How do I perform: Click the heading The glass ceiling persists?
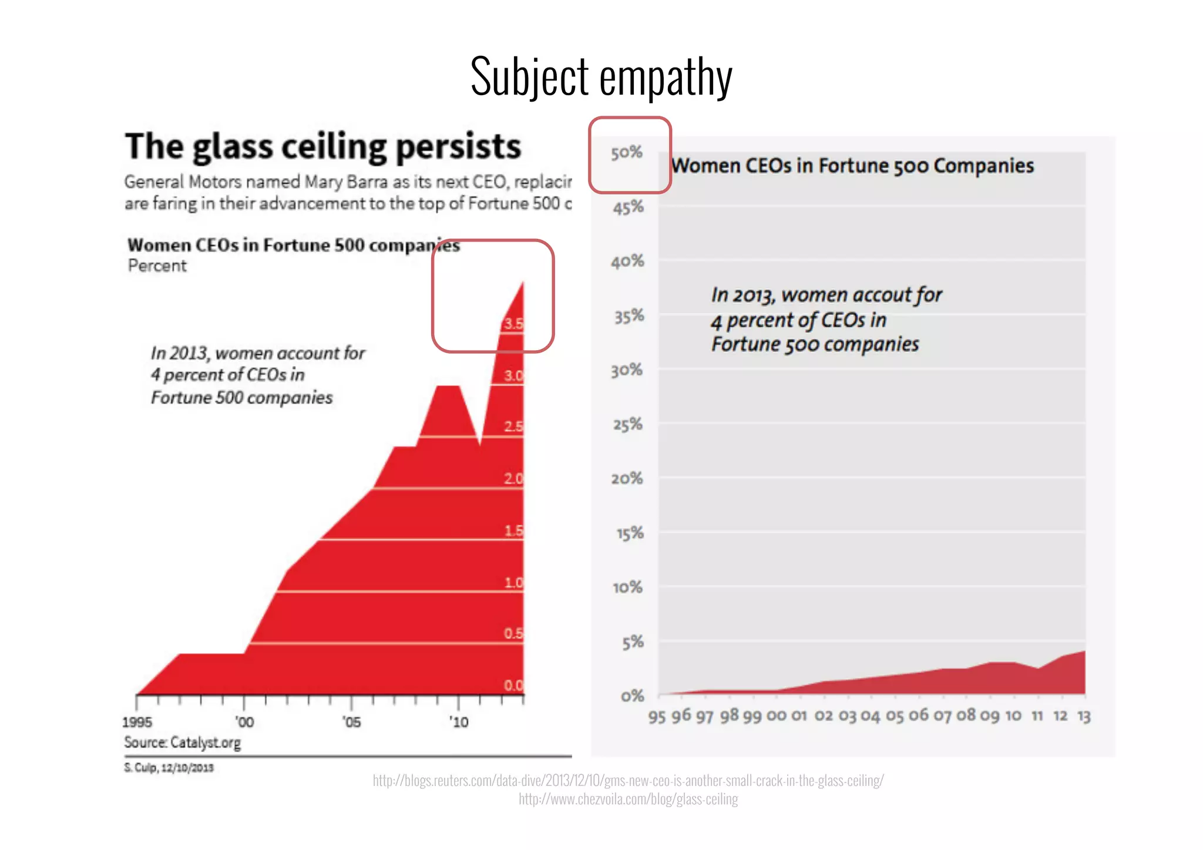[x=323, y=147]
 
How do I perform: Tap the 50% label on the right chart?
[x=627, y=153]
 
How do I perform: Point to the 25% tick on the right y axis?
[x=627, y=424]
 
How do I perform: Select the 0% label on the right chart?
[x=632, y=696]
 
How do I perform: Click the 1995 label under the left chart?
[x=137, y=722]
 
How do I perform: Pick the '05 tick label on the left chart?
[x=351, y=722]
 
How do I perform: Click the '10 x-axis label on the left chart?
[x=459, y=722]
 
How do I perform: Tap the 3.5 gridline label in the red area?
[x=513, y=324]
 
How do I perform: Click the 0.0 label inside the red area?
[x=513, y=686]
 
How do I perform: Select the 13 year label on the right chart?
[x=1084, y=716]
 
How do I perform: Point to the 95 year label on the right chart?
[x=657, y=717]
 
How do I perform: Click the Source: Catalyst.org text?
[x=183, y=743]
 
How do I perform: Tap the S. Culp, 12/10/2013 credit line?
[x=169, y=768]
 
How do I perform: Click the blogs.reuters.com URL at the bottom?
[x=628, y=781]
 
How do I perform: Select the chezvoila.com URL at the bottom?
[x=628, y=799]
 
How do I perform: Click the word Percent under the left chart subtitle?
[x=157, y=266]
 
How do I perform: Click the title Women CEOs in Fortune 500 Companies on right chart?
[x=852, y=166]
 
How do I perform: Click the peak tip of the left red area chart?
[x=523, y=283]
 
